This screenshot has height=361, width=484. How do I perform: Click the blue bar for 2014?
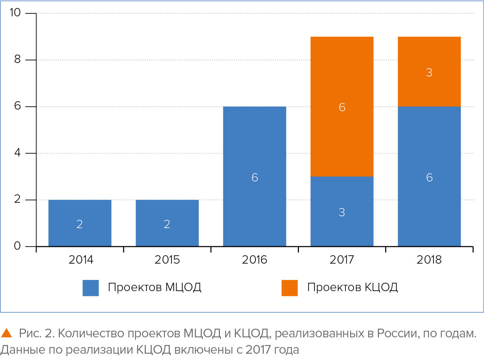(80, 223)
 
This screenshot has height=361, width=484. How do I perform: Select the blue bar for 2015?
(167, 223)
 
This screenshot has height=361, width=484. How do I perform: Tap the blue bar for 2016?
(254, 176)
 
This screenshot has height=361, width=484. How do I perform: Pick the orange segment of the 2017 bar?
(342, 106)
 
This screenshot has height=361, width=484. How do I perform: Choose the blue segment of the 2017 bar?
(342, 211)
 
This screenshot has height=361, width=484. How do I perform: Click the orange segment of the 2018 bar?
(429, 72)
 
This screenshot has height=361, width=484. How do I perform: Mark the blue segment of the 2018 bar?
(429, 176)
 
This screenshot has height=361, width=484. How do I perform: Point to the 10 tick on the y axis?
(15, 13)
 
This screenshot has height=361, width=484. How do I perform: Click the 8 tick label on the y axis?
(17, 59)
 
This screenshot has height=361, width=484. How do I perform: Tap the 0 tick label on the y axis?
(17, 246)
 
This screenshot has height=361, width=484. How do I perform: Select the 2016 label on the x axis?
(254, 260)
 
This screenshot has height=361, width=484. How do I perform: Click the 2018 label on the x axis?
(429, 260)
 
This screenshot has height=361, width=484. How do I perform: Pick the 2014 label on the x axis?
(81, 260)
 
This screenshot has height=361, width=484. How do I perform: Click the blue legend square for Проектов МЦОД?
(90, 288)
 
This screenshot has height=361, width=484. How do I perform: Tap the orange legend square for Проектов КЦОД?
(289, 288)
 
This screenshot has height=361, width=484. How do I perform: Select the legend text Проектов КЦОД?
(352, 287)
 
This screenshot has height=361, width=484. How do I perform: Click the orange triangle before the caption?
(7, 333)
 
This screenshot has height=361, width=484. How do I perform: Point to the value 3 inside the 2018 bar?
(429, 72)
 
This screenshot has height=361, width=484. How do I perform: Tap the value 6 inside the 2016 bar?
(255, 177)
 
